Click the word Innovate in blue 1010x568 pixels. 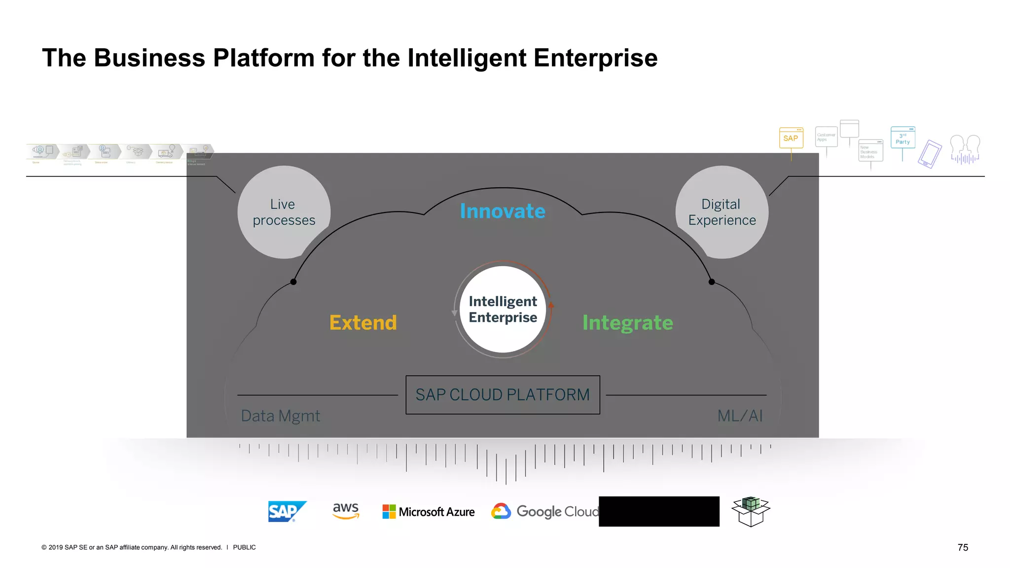503,211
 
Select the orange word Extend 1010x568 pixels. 363,323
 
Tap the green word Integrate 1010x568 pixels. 627,323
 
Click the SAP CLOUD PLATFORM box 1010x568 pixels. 503,395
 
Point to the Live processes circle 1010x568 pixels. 284,212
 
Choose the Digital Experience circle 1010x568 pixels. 721,212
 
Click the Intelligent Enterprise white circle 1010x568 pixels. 503,309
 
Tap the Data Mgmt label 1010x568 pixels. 280,416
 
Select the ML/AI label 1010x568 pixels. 740,416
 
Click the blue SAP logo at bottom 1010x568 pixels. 287,511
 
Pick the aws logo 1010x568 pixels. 346,511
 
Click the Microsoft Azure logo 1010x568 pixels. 429,512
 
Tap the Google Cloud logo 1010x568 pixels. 545,512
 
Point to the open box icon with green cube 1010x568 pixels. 751,511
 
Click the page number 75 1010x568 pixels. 963,547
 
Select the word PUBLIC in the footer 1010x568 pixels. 244,547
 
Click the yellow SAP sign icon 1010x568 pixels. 791,138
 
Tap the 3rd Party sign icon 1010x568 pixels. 902,138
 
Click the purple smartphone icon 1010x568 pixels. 930,154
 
